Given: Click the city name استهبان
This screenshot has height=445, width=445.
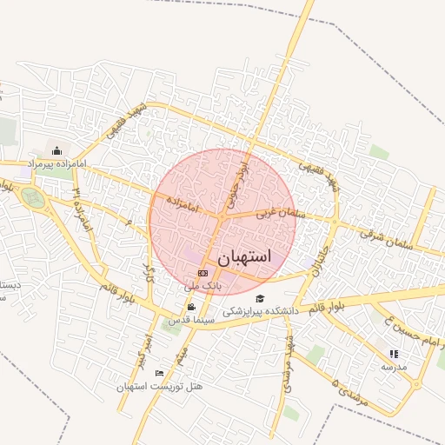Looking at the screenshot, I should pos(244,256).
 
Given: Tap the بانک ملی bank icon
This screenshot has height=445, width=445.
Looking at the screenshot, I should pos(203,273).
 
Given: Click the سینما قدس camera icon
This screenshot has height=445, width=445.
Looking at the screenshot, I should pos(191,307).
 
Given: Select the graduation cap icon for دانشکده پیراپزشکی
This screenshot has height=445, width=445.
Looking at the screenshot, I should pos(260,299).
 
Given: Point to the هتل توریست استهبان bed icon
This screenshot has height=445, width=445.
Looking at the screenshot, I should pos(158,373).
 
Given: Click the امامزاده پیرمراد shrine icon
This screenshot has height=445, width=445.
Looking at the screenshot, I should pos(57,150).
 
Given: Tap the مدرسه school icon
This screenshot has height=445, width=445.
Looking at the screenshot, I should pos(394,354).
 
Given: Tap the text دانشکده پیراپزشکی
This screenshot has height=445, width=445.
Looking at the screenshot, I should pos(261,310).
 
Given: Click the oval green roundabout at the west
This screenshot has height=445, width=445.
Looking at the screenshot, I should pos(34,198).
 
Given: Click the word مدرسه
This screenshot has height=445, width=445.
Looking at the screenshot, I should pos(394,366).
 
